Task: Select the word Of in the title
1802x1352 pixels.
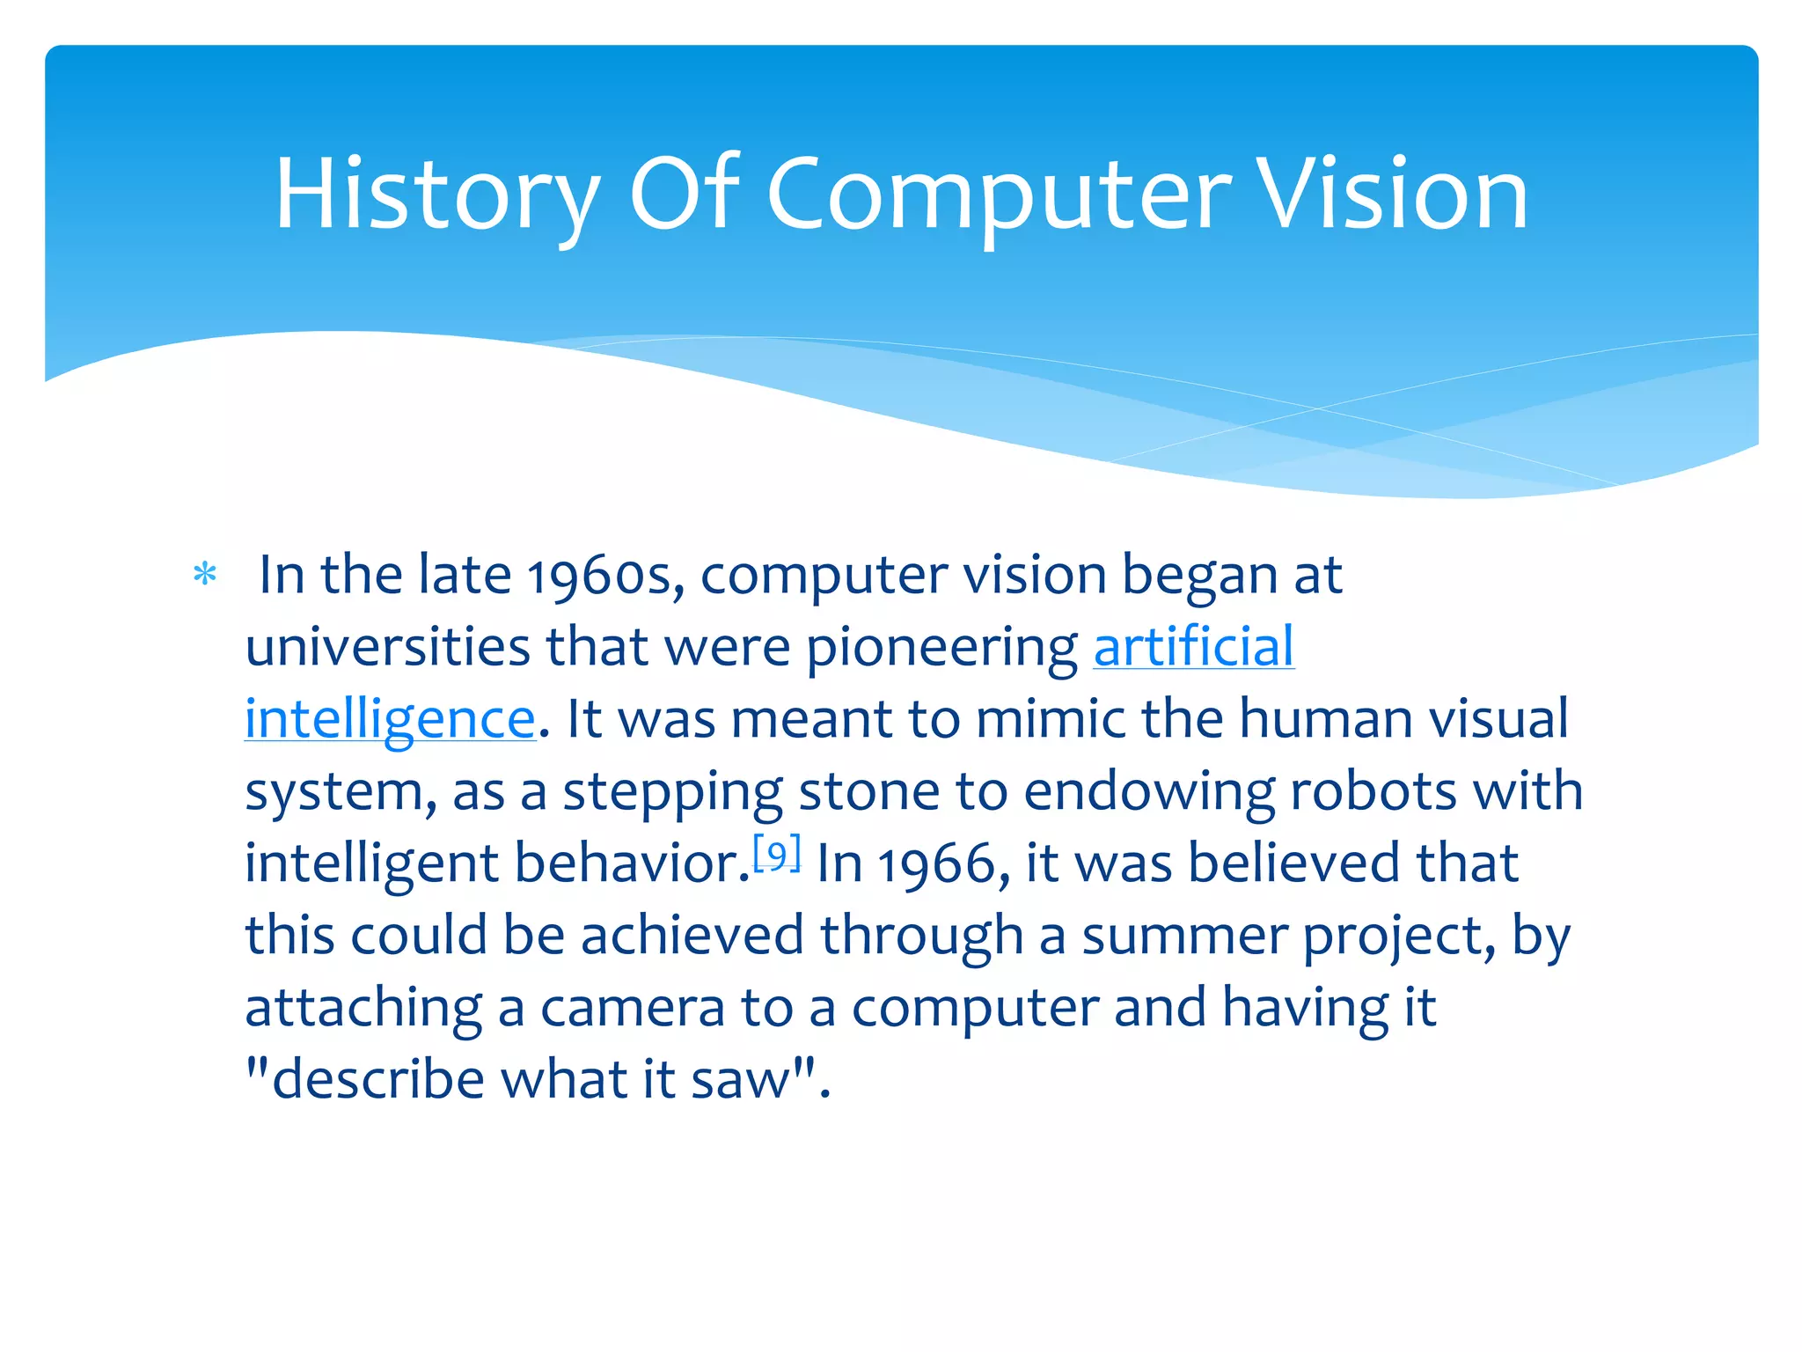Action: pos(684,195)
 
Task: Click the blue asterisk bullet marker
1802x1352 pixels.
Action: pos(205,575)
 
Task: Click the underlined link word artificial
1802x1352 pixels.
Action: pos(1193,647)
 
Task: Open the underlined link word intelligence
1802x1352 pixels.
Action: pos(390,719)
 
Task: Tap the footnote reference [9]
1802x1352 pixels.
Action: pos(777,854)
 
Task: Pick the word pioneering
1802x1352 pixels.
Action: pos(941,649)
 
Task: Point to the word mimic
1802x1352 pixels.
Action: pos(1050,719)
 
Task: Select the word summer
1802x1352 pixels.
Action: pos(1184,936)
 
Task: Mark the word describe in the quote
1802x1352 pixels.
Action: pos(378,1080)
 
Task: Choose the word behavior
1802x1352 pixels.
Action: pos(631,863)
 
